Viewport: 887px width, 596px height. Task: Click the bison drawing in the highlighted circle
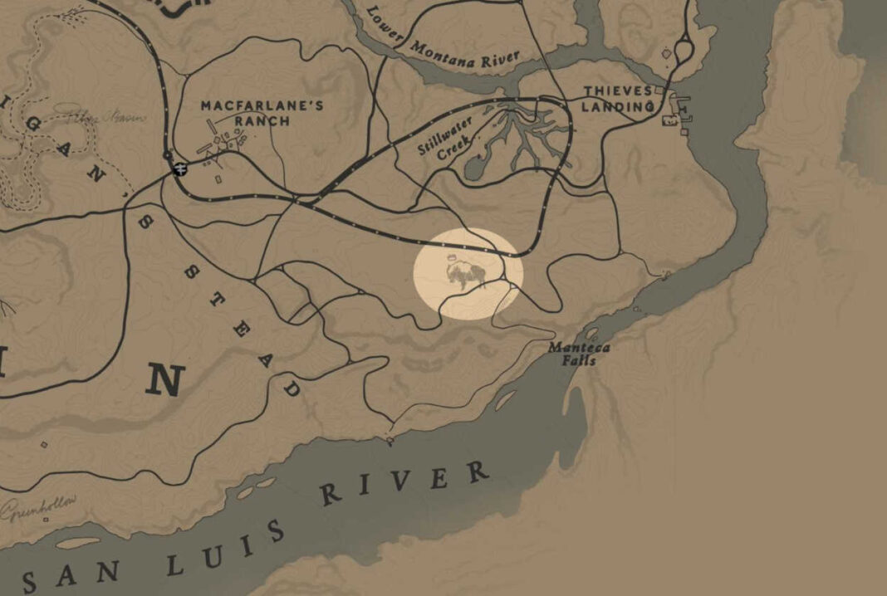pos(466,275)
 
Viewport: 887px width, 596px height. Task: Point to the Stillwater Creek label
pos(443,138)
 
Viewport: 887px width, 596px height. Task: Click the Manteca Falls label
pos(578,354)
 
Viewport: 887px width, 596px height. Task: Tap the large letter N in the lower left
pos(164,380)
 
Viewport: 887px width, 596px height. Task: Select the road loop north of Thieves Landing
pos(684,51)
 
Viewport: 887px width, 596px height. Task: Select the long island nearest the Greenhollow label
pos(79,543)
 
